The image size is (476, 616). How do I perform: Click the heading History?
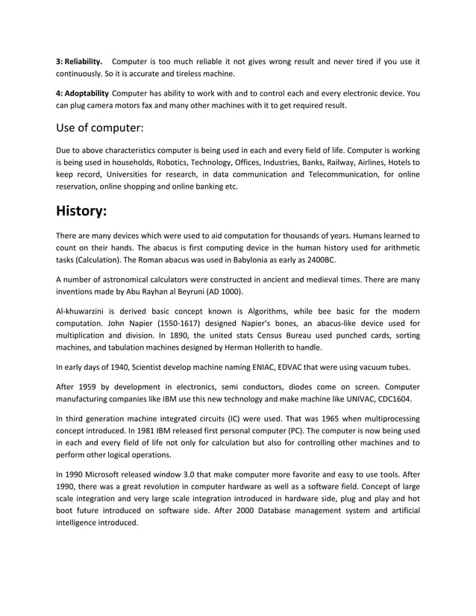click(82, 210)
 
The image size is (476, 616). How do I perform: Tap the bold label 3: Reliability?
click(79, 60)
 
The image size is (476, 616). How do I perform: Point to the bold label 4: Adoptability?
click(82, 93)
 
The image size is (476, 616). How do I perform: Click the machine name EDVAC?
click(289, 367)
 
